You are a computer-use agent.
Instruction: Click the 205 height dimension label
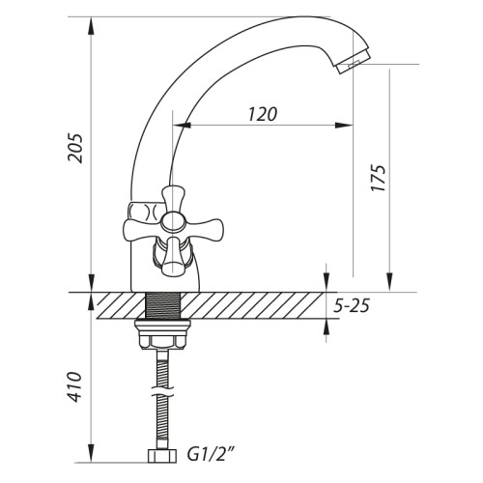pyautogui.click(x=74, y=148)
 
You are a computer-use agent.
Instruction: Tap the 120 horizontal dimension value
pyautogui.click(x=263, y=114)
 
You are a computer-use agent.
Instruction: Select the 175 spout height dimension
pyautogui.click(x=378, y=178)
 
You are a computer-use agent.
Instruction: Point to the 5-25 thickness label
pyautogui.click(x=351, y=305)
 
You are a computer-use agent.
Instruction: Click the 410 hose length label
pyautogui.click(x=74, y=386)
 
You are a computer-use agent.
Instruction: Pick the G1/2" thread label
pyautogui.click(x=211, y=455)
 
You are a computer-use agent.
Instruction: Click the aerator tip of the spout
pyautogui.click(x=354, y=62)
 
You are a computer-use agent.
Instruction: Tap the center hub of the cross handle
pyautogui.click(x=173, y=222)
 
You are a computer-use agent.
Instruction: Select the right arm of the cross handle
pyautogui.click(x=204, y=228)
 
